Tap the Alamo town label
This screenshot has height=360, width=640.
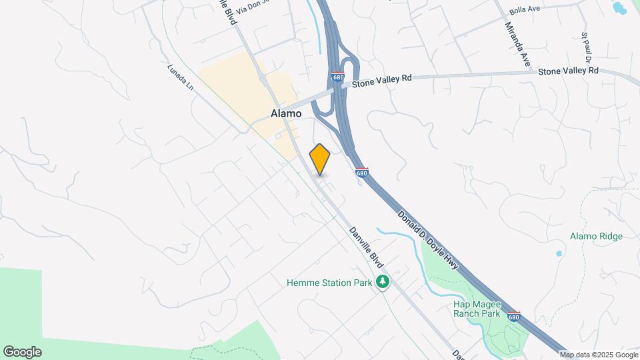pyautogui.click(x=286, y=114)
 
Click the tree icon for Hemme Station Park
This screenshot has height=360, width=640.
pyautogui.click(x=383, y=283)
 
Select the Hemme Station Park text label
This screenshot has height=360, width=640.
pyautogui.click(x=329, y=283)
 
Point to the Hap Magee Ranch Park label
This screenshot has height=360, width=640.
pyautogui.click(x=477, y=309)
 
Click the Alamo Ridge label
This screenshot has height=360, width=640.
pyautogui.click(x=596, y=236)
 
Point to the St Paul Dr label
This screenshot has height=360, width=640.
pyautogui.click(x=587, y=47)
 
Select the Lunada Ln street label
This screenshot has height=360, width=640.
pyautogui.click(x=180, y=77)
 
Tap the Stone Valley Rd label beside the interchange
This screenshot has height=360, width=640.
pyautogui.click(x=382, y=79)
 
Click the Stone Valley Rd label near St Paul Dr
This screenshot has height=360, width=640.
pyautogui.click(x=568, y=70)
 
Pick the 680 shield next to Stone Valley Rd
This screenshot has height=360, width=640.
pyautogui.click(x=338, y=77)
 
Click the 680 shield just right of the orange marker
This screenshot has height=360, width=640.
pyautogui.click(x=361, y=173)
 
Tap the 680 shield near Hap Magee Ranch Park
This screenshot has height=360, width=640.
pyautogui.click(x=513, y=316)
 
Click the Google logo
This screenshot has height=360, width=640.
pyautogui.click(x=22, y=352)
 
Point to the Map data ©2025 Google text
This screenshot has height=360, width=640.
pyautogui.click(x=598, y=355)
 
